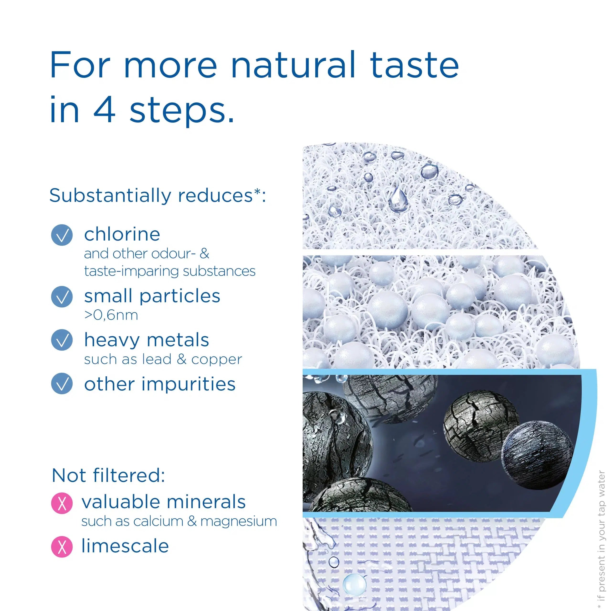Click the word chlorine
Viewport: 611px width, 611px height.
point(122,234)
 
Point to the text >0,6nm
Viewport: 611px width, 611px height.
point(111,315)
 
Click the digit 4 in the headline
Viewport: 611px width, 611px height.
point(104,110)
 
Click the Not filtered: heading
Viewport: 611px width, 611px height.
point(108,475)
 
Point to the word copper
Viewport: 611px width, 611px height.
point(217,359)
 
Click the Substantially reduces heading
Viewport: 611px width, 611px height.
point(157,195)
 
